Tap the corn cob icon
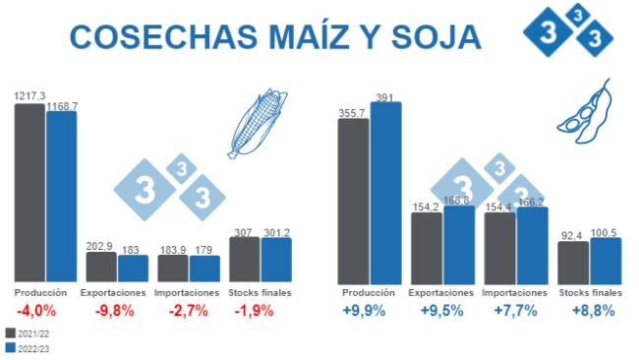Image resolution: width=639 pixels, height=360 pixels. point(259,123)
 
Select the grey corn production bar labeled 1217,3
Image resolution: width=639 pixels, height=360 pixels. point(29,192)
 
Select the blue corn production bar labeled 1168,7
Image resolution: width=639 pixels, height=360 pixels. point(61,197)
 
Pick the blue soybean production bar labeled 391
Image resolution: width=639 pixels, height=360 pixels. point(385,192)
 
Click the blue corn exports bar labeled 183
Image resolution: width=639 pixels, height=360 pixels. point(133,269)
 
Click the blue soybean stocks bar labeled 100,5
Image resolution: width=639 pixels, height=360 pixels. point(606,260)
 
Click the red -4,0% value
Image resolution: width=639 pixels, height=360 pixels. point(40,311)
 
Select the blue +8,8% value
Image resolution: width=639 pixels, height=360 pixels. point(593,311)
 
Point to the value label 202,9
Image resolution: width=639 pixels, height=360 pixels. point(99,246)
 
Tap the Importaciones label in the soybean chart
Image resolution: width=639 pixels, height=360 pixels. point(515,293)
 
